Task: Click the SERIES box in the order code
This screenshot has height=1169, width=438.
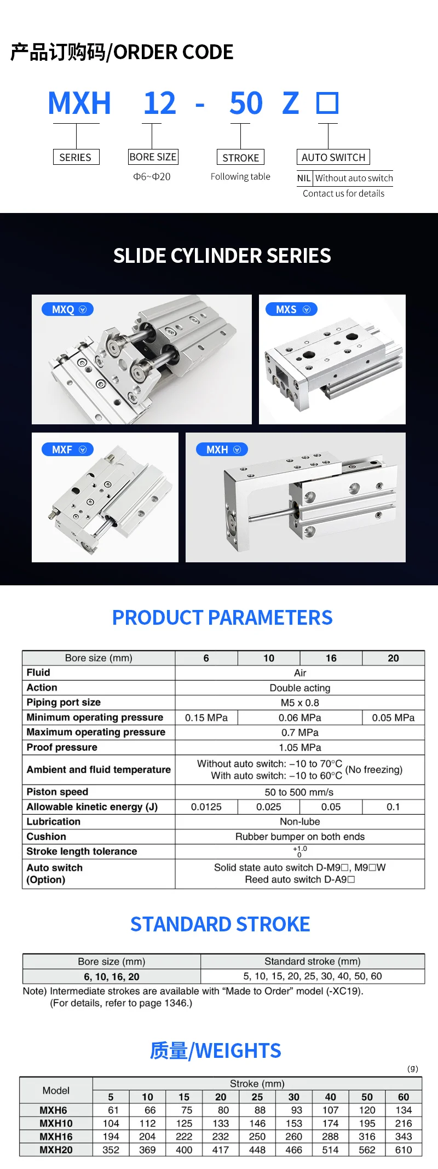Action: pos(76,157)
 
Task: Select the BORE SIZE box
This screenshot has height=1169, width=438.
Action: pos(153,157)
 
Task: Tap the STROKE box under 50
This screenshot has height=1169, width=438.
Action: pos(240,158)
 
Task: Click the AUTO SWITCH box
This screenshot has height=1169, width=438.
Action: pos(333,157)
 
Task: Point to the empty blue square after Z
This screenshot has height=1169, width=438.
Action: pos(327,103)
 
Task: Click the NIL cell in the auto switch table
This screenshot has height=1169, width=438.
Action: pos(304,178)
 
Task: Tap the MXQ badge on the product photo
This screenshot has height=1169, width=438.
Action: pos(68,309)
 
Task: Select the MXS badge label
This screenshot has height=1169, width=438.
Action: pos(291,309)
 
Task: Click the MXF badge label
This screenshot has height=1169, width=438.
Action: pos(68,450)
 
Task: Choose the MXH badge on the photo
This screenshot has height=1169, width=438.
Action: pos(222,450)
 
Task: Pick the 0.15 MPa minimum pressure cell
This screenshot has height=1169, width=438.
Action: pos(206,717)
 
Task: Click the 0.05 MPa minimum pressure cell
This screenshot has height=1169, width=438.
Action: pos(393,717)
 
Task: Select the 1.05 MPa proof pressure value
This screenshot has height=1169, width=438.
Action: pos(300,747)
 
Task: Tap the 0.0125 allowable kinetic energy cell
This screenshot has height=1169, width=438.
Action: pos(206,807)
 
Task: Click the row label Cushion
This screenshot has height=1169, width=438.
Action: pos(47,837)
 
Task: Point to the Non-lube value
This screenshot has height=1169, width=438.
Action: pos(300,821)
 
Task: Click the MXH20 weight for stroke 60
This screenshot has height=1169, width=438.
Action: pos(404,1150)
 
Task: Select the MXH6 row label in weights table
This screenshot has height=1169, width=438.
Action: pos(54,1110)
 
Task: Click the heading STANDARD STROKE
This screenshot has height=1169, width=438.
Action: pos(220,924)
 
